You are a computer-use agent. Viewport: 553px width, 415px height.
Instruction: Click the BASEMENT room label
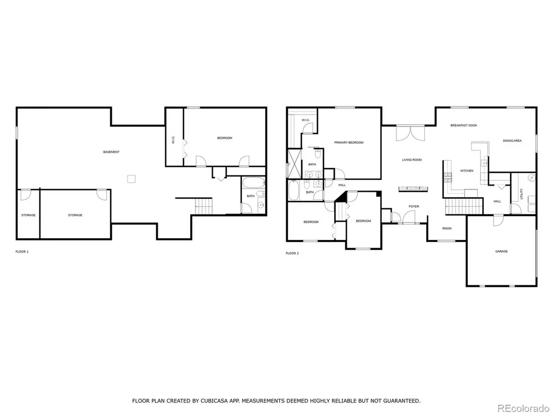111,152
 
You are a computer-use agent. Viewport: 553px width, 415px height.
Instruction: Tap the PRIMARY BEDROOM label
348,143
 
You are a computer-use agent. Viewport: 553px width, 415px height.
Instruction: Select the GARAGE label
501,252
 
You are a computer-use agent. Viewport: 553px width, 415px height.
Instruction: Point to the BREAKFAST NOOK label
463,125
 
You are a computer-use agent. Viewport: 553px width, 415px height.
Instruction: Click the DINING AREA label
512,141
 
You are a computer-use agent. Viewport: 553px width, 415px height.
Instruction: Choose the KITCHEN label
467,171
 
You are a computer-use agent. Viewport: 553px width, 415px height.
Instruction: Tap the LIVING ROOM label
412,160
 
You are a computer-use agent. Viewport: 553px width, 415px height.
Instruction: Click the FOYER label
414,206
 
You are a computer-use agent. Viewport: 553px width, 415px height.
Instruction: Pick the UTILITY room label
522,194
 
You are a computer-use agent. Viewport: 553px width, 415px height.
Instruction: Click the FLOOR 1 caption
22,252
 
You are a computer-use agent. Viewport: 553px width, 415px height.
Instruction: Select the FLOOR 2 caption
292,253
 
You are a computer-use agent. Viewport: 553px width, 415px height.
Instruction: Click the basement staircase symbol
204,206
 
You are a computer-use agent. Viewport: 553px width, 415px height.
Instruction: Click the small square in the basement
131,179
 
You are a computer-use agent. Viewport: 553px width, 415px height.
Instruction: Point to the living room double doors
411,133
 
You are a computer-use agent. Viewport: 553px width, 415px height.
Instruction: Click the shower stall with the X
294,163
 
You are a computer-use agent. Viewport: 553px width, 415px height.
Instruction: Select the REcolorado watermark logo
523,407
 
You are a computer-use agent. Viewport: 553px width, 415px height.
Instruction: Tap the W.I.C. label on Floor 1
174,140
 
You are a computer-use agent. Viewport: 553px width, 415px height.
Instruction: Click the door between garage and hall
497,220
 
